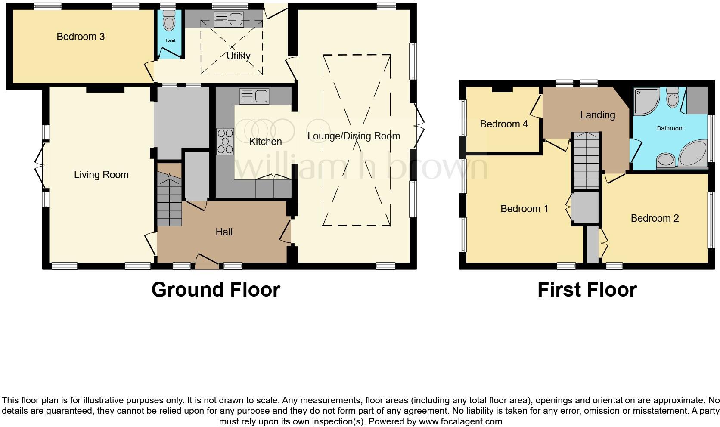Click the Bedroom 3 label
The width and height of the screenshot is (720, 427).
[81, 37]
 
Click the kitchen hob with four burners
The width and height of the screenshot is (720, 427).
[224, 141]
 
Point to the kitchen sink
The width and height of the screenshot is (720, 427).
[254, 96]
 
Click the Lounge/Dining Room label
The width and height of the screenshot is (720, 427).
[354, 136]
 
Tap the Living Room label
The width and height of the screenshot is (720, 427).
[101, 175]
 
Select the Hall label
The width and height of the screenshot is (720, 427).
[223, 232]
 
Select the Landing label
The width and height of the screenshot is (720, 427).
[597, 115]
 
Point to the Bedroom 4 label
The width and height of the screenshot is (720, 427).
[504, 124]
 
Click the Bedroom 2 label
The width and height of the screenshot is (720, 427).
[655, 218]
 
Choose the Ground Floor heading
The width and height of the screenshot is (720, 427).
[216, 290]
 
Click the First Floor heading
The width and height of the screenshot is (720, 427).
[587, 290]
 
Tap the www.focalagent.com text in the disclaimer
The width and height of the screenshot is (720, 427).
[460, 421]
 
